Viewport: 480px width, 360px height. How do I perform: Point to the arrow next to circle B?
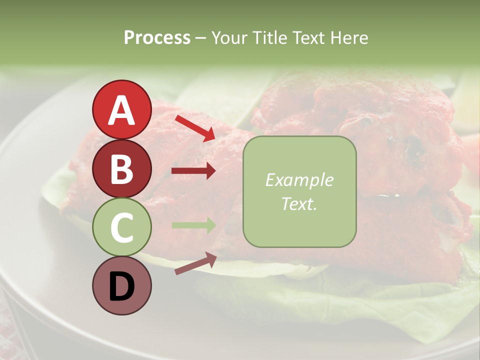(x=193, y=171)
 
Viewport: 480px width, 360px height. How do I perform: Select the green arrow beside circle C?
(x=193, y=225)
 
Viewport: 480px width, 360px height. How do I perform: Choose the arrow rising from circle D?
(x=195, y=263)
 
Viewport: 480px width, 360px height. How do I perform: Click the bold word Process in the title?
(x=157, y=38)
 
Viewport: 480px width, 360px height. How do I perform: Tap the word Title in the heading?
(x=269, y=38)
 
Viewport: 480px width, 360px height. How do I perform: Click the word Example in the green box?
(x=299, y=180)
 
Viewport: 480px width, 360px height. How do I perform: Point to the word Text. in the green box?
(x=299, y=203)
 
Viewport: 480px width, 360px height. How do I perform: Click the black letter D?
(x=121, y=286)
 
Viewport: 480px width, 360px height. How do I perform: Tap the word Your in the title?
(x=229, y=38)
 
